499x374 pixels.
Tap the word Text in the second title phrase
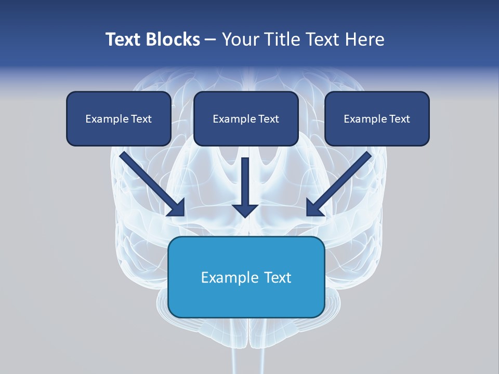(323, 39)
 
